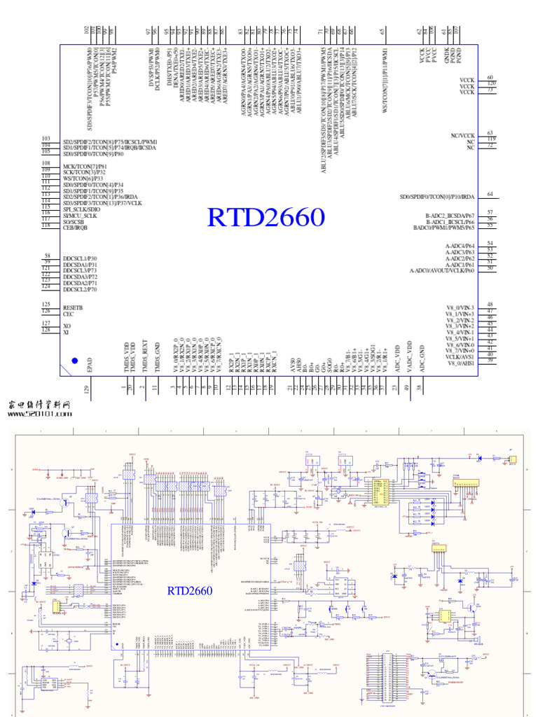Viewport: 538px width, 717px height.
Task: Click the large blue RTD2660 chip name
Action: coord(266,218)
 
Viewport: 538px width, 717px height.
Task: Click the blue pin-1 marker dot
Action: coord(75,361)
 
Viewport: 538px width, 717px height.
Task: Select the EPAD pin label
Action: coord(88,365)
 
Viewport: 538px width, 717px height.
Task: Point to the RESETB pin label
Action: coord(73,307)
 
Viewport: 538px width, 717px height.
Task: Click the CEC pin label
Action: coord(68,314)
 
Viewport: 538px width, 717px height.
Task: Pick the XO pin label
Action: coord(67,326)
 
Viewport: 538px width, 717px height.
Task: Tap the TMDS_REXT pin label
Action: coord(145,356)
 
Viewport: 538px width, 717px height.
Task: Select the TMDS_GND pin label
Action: coord(157,356)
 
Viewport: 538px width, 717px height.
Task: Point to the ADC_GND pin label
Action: coord(422,358)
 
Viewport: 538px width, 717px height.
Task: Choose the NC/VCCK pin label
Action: coord(462,135)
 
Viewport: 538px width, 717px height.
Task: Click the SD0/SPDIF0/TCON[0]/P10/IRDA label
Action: coord(437,197)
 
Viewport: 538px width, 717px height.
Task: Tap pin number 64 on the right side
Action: coord(490,194)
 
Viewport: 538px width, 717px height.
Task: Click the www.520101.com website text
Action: coord(40,414)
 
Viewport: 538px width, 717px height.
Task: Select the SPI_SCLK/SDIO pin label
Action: coord(81,209)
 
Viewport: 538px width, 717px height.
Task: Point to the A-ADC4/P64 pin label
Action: coord(460,246)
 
